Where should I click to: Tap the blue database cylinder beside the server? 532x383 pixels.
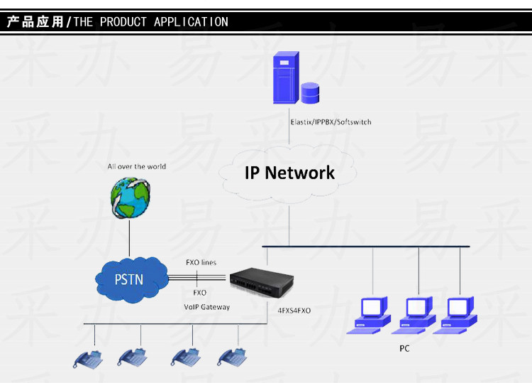[x=310, y=93]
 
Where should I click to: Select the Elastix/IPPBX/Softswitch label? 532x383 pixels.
[x=331, y=122]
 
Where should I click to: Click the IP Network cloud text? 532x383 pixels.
[x=289, y=173]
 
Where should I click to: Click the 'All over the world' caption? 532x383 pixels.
[x=137, y=166]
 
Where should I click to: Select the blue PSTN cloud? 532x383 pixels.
[x=128, y=279]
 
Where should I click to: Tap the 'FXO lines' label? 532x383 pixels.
[x=201, y=263]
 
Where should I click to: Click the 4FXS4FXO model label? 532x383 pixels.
[x=294, y=311]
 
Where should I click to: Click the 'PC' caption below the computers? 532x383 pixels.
[x=404, y=349]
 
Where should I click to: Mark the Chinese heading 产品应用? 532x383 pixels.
[x=35, y=22]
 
